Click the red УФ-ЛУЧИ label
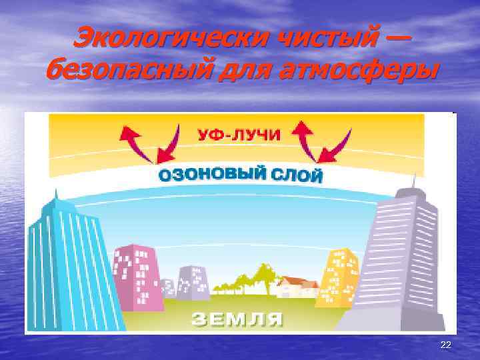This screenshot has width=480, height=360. tap(239, 134)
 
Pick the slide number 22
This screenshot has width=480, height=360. tap(446, 344)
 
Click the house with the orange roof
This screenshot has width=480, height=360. tap(293, 287)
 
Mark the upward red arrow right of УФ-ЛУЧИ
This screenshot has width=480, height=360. tap(305, 137)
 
